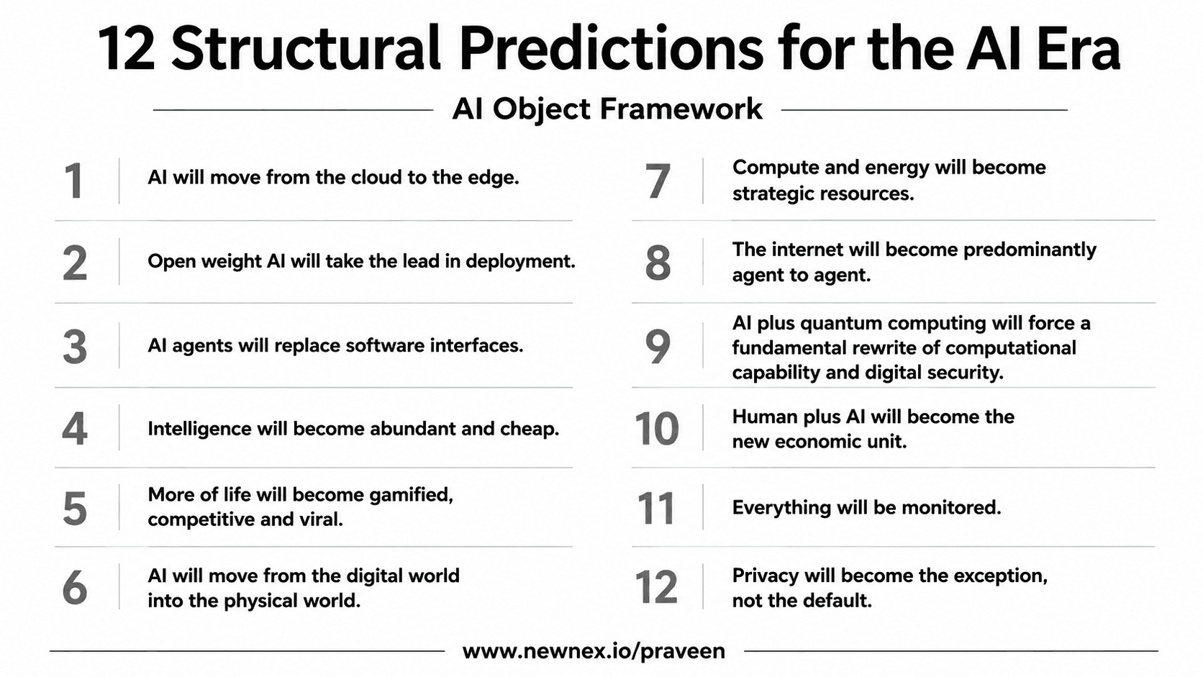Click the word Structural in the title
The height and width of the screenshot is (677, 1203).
(306, 48)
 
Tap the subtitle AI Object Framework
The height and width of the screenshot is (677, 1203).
(607, 109)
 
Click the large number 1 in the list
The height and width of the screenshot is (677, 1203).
(73, 181)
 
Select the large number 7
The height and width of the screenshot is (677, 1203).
(658, 181)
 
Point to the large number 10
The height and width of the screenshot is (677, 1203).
(657, 428)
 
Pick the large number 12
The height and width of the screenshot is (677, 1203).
(655, 587)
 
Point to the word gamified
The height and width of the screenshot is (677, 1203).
(411, 495)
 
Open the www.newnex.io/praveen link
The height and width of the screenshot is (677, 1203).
(594, 651)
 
